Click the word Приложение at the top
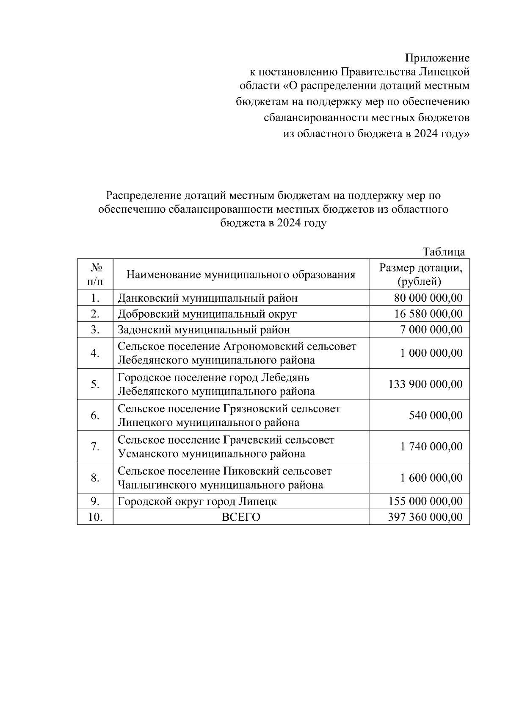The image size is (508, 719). (x=437, y=58)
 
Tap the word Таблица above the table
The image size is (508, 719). (x=444, y=252)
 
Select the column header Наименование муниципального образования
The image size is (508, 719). (x=240, y=275)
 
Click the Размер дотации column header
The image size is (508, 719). (x=419, y=274)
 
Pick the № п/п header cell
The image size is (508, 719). (x=95, y=274)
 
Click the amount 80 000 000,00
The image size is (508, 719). (x=428, y=298)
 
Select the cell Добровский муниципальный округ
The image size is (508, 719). (x=207, y=314)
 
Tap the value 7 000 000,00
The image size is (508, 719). (x=431, y=330)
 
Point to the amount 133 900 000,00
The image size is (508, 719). (x=425, y=384)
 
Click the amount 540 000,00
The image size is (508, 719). (x=436, y=415)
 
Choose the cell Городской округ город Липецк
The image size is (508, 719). (x=197, y=502)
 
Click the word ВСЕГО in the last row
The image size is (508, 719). (x=241, y=517)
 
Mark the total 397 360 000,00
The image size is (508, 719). (x=425, y=517)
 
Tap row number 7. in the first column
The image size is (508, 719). (x=95, y=447)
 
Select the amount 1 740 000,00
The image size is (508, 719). (x=431, y=447)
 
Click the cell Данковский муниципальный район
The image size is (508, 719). (x=207, y=298)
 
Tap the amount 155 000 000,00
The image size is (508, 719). (x=425, y=502)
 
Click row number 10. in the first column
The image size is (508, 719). (x=95, y=517)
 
